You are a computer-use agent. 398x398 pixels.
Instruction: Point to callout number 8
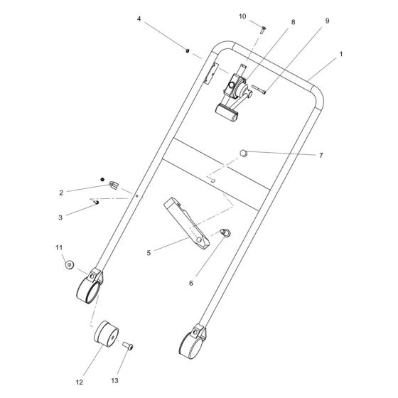click(x=292, y=22)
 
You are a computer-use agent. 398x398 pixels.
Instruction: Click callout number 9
click(x=327, y=21)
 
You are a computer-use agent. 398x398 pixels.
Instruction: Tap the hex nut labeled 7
click(x=243, y=151)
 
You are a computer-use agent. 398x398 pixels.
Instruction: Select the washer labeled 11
click(x=68, y=264)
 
